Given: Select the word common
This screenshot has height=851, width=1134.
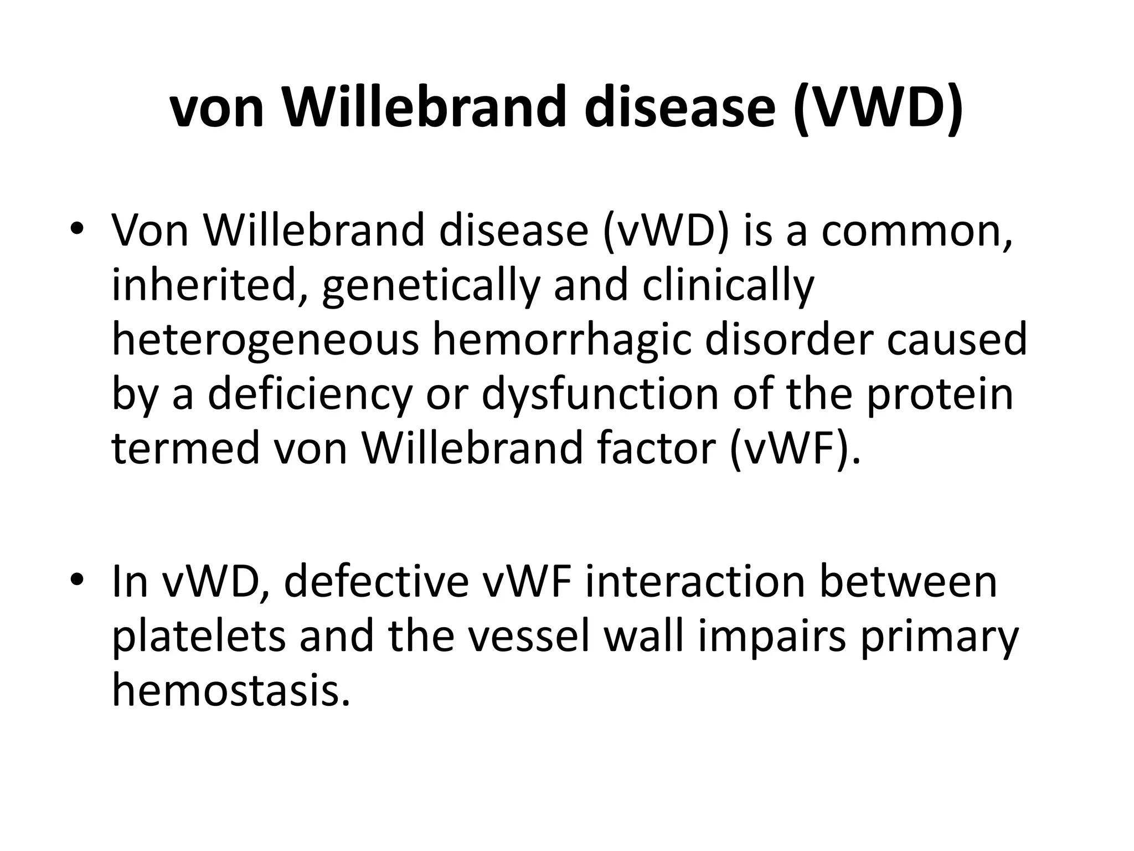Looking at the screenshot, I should coord(916,230).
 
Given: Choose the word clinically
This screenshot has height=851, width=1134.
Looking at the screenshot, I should coord(728,286).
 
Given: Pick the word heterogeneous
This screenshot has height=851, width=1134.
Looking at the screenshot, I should coord(265,340).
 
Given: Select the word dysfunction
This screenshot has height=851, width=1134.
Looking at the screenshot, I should coord(601,394).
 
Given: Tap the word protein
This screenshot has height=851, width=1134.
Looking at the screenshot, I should coord(940,394).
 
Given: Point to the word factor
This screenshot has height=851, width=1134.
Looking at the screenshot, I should coord(657,448).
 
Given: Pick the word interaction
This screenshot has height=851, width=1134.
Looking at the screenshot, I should coord(695,582).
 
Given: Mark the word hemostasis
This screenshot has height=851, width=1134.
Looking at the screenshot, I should coord(231,690).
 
